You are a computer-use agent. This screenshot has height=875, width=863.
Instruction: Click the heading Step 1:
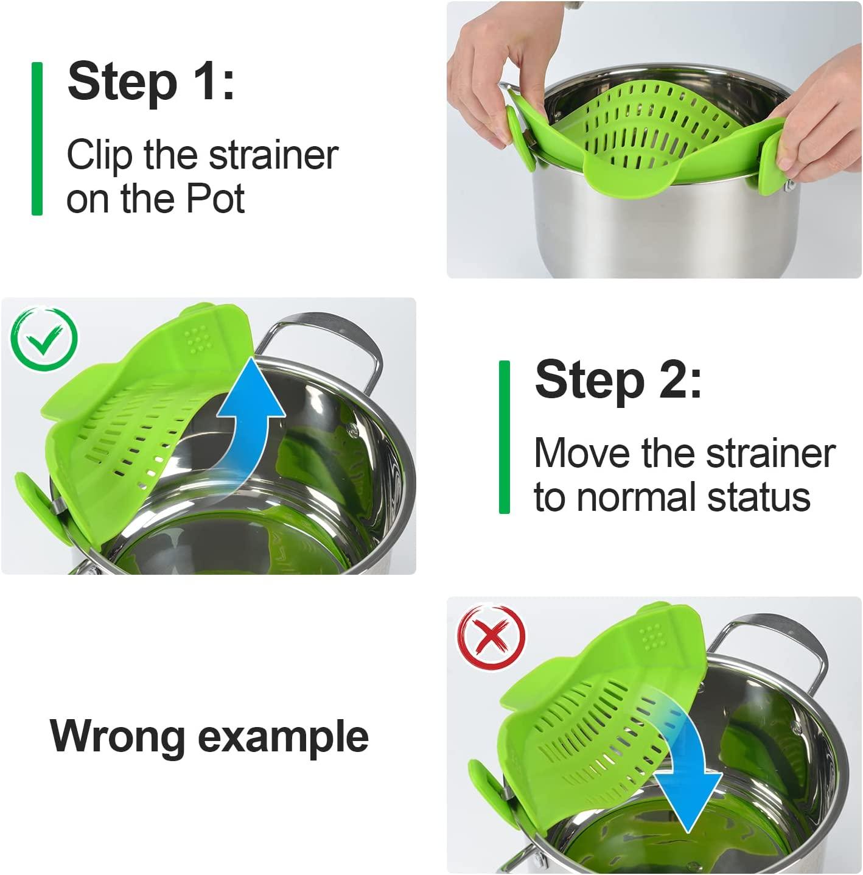click(x=150, y=82)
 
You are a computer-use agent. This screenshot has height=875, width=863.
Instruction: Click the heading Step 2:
click(x=618, y=380)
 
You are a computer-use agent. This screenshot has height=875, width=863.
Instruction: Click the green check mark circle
click(x=44, y=339)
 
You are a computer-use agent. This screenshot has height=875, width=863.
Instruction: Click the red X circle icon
click(x=491, y=638)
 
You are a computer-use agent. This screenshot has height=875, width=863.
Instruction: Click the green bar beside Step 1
click(x=37, y=139)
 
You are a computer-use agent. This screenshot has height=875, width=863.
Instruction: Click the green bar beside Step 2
click(x=504, y=437)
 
